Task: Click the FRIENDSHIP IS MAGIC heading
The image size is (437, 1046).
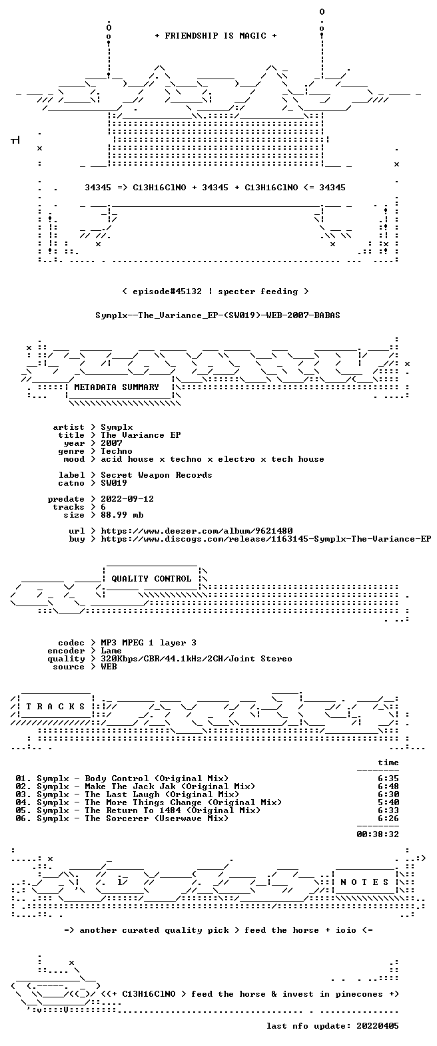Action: pyautogui.click(x=215, y=35)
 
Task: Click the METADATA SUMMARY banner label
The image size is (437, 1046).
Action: pyautogui.click(x=117, y=387)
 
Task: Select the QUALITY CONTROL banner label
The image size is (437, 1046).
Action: pyautogui.click(x=151, y=579)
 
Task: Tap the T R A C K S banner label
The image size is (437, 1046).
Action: pyautogui.click(x=55, y=707)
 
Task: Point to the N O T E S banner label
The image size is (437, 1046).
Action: pyautogui.click(x=364, y=882)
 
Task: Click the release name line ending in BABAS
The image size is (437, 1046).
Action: pyautogui.click(x=218, y=315)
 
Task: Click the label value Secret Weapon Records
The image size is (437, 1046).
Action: pyautogui.click(x=157, y=475)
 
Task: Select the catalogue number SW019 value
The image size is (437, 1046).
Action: pyautogui.click(x=114, y=483)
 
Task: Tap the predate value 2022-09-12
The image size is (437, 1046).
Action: pyautogui.click(x=127, y=499)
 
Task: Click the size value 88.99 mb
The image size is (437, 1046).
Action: pyautogui.click(x=122, y=515)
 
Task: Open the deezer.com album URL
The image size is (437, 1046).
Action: pyautogui.click(x=197, y=531)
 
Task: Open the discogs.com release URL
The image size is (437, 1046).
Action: pyautogui.click(x=266, y=539)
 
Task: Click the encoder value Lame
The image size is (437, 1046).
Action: pyautogui.click(x=111, y=651)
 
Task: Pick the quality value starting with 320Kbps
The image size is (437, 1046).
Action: pyautogui.click(x=197, y=659)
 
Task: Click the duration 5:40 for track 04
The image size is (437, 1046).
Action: pyautogui.click(x=388, y=802)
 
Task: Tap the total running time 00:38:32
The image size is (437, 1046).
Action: pyautogui.click(x=378, y=834)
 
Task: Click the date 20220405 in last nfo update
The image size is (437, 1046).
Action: pyautogui.click(x=378, y=1026)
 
